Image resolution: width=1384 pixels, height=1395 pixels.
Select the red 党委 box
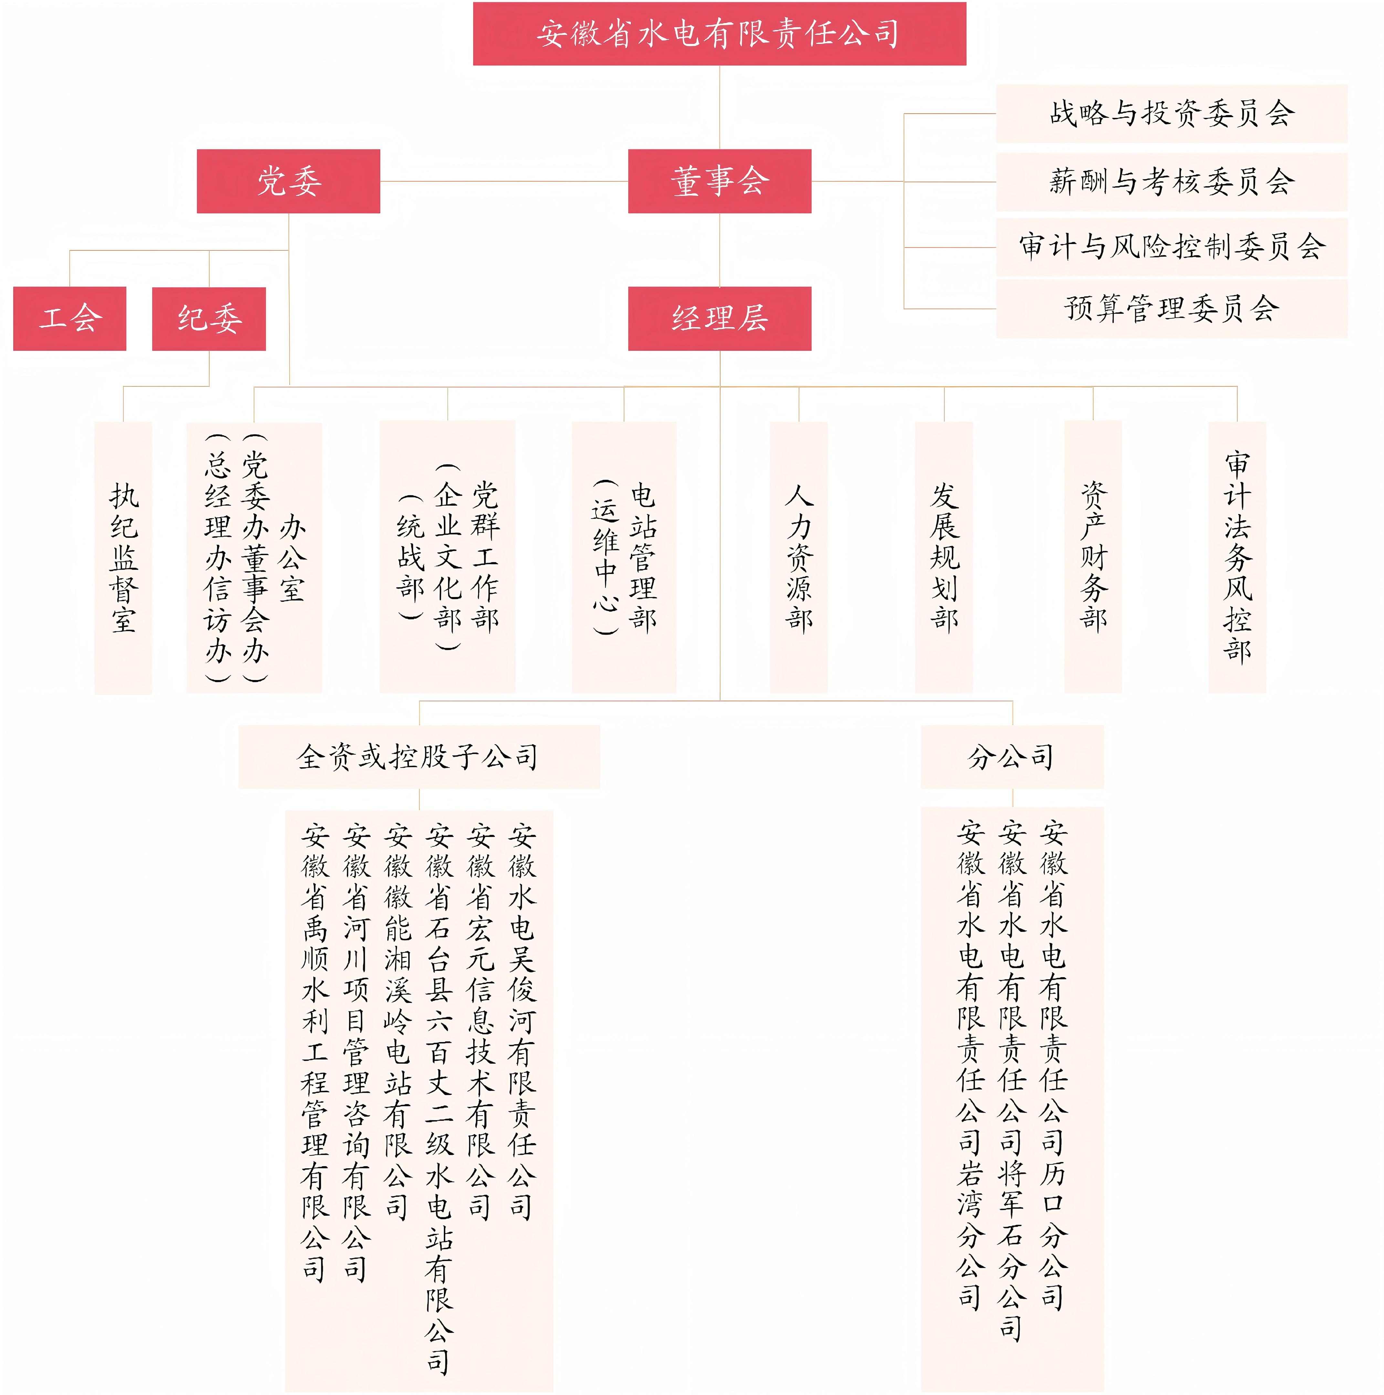coord(288,181)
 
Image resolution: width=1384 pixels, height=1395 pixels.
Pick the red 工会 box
coord(69,318)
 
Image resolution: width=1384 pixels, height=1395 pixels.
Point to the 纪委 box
coord(209,318)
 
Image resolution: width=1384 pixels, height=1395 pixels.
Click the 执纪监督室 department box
coord(123,557)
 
